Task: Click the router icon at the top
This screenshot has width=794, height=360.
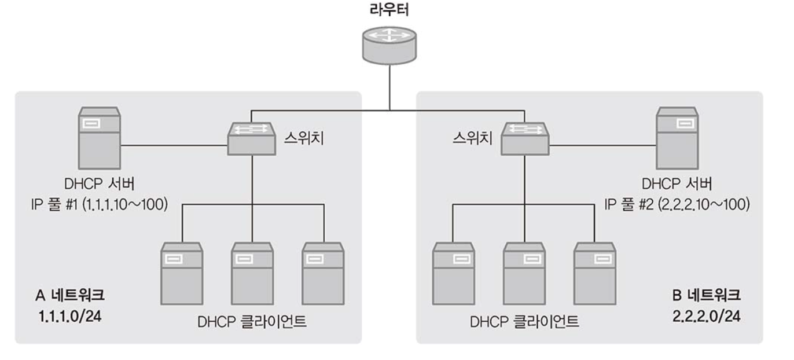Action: (x=389, y=45)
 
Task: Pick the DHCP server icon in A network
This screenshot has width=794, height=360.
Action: (x=100, y=138)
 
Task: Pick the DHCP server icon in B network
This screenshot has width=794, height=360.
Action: (x=677, y=138)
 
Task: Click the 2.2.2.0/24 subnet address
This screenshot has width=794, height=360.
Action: (x=705, y=317)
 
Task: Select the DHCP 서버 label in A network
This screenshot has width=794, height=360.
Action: (x=100, y=185)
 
